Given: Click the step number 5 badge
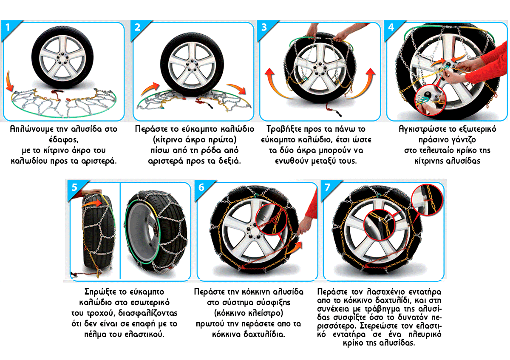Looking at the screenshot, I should click(75, 187).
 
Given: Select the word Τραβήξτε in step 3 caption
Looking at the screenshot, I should click(283, 129).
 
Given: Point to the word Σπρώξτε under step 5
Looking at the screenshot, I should click(99, 292).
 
